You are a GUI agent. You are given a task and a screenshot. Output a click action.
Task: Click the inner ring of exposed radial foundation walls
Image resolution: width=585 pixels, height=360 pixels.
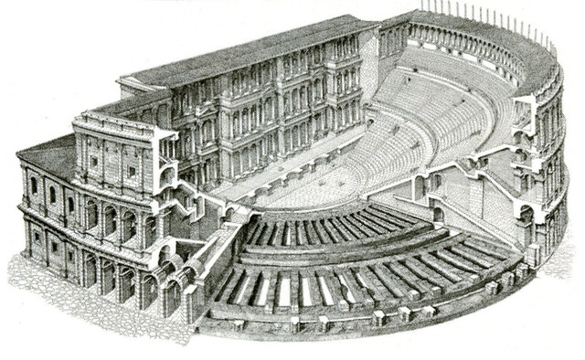coord(311,228)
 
